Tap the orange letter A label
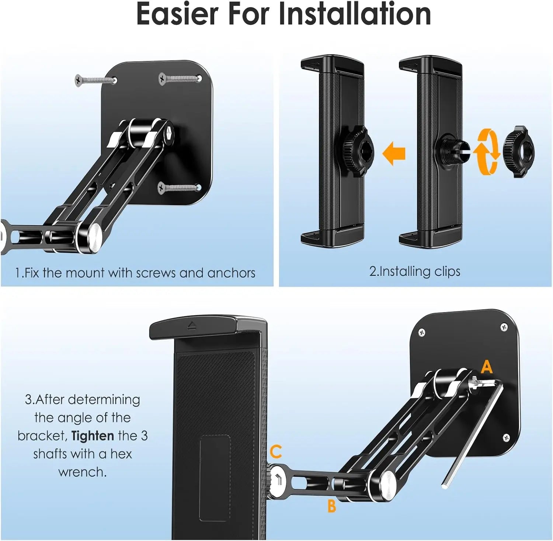[487, 367]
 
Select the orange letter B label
[331, 506]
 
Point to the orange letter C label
[276, 451]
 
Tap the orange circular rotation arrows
[486, 151]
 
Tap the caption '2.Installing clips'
[415, 271]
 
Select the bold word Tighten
[93, 436]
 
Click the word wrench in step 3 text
[82, 472]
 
